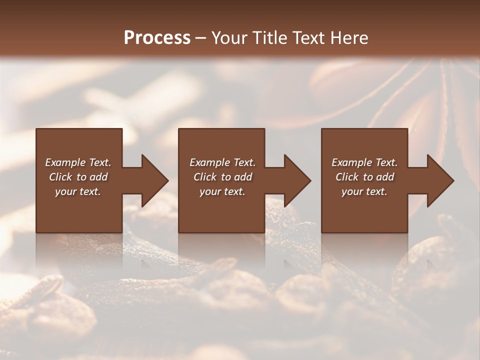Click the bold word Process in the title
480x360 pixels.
point(157,38)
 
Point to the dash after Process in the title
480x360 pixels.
point(201,38)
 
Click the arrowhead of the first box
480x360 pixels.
point(154,180)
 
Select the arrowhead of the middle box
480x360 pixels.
point(297,180)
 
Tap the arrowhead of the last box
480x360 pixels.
point(440,180)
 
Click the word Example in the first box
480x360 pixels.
point(64,162)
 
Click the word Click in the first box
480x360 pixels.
point(61,177)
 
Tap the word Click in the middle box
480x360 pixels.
point(205,177)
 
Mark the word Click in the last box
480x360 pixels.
point(347,177)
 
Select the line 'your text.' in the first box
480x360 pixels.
point(78,191)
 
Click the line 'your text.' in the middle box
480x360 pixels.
point(222,191)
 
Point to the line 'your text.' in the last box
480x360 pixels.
point(364,191)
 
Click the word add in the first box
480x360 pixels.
point(98,177)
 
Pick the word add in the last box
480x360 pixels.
point(385,177)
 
